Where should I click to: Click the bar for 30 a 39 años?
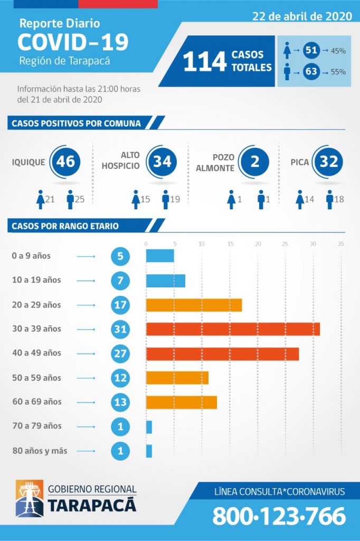[x=233, y=329]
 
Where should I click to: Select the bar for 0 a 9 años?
[x=160, y=256]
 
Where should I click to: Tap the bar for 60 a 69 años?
[x=181, y=402]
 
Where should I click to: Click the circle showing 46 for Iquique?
[x=65, y=161]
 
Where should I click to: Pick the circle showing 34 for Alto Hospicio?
[x=162, y=161]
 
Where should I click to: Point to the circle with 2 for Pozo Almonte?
[x=254, y=161]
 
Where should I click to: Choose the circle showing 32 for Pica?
[x=329, y=161]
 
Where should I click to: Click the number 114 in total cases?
[x=205, y=61]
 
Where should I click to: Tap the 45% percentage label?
[x=338, y=51]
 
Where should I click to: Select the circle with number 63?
[x=311, y=71]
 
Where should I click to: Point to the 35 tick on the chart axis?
[x=340, y=244]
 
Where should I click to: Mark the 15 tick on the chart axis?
[x=230, y=244]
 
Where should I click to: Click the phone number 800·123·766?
[x=279, y=516]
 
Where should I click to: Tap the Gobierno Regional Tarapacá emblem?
[x=30, y=499]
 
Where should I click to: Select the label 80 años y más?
[x=43, y=451]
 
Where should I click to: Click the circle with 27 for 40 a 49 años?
[x=120, y=353]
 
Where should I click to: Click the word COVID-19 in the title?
[x=73, y=42]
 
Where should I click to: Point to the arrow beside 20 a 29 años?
[x=86, y=305]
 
